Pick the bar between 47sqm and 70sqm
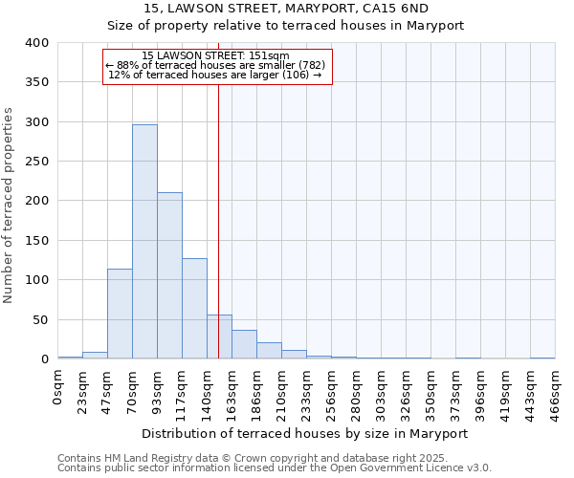point(120,314)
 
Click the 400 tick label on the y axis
point(36,43)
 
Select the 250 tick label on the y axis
point(36,162)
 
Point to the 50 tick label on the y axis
point(40,319)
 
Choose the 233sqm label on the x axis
point(307,390)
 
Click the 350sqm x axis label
point(431,390)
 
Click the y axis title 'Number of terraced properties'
point(10,205)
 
